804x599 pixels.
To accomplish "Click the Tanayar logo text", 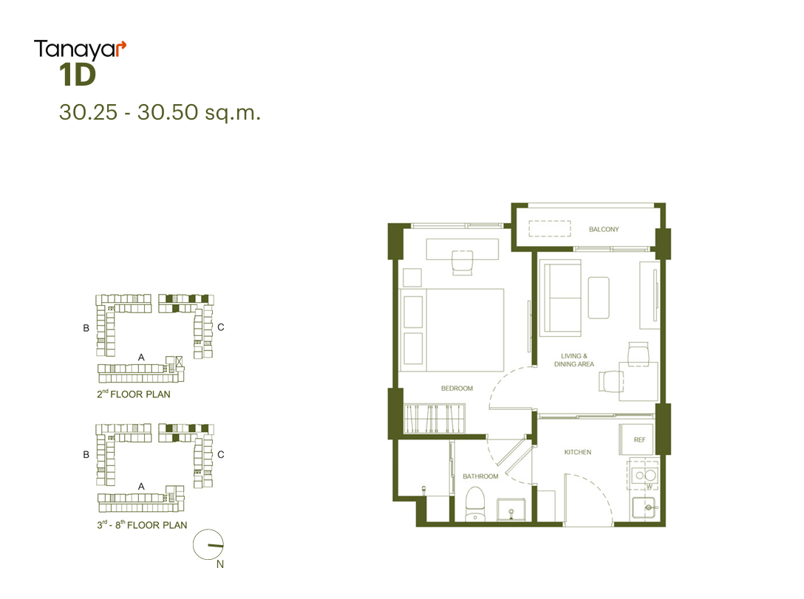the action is point(80,49).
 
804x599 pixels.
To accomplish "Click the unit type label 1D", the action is point(78,75).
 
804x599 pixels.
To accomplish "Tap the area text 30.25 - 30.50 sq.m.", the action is point(160,112).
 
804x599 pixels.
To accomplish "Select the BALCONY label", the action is point(604,229).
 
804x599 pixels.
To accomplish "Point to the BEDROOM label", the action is point(457,389).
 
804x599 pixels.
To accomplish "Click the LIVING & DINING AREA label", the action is point(573,360).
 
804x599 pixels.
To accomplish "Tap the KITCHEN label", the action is point(578,452).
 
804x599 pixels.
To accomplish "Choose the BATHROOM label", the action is point(480,476).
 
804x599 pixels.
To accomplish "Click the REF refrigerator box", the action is point(636,439).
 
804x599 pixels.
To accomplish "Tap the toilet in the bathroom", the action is point(475,504).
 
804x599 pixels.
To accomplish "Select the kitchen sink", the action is point(644,507).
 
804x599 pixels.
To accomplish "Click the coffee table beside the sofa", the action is point(599,298).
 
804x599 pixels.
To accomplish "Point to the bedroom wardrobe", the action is point(435,419).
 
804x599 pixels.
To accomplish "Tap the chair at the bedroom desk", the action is point(462,262).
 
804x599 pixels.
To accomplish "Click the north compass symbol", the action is point(208,544).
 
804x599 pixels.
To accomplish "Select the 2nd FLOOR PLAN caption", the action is point(134,394).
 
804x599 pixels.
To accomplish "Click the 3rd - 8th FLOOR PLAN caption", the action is point(142,524).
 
